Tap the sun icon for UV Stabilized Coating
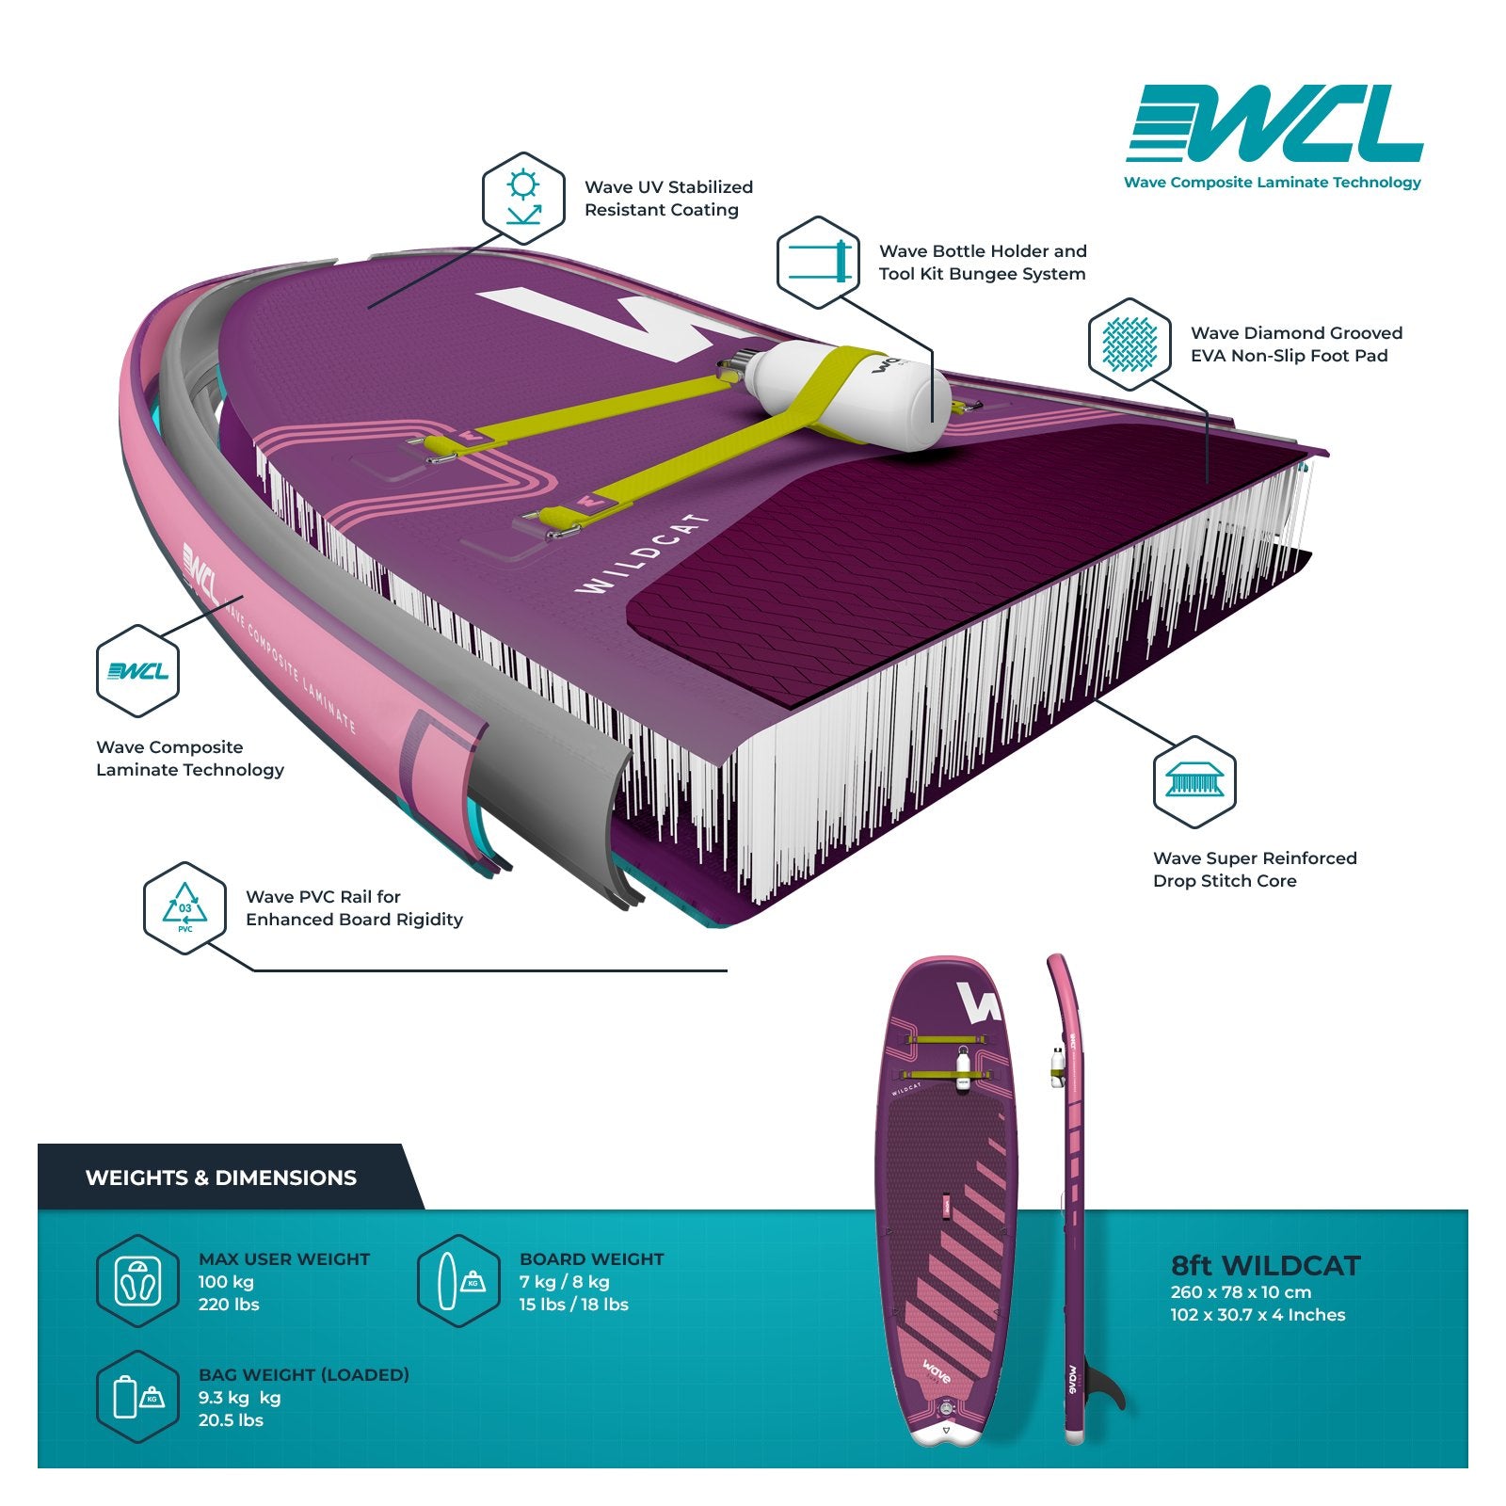point(523,197)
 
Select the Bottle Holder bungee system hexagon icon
point(818,262)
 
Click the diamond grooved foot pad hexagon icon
point(1129,344)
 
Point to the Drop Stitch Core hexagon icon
point(1194,781)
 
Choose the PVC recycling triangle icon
point(184,907)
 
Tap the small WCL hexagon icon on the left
point(137,671)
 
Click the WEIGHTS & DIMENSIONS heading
point(221,1178)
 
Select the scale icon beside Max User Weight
point(137,1281)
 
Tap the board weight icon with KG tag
point(458,1281)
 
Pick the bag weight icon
point(137,1397)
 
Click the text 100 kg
point(226,1282)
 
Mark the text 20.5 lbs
point(231,1420)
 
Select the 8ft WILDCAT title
point(1265,1266)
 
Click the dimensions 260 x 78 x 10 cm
point(1241,1292)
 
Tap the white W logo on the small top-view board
point(976,1003)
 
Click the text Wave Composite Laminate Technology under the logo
point(1273,183)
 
